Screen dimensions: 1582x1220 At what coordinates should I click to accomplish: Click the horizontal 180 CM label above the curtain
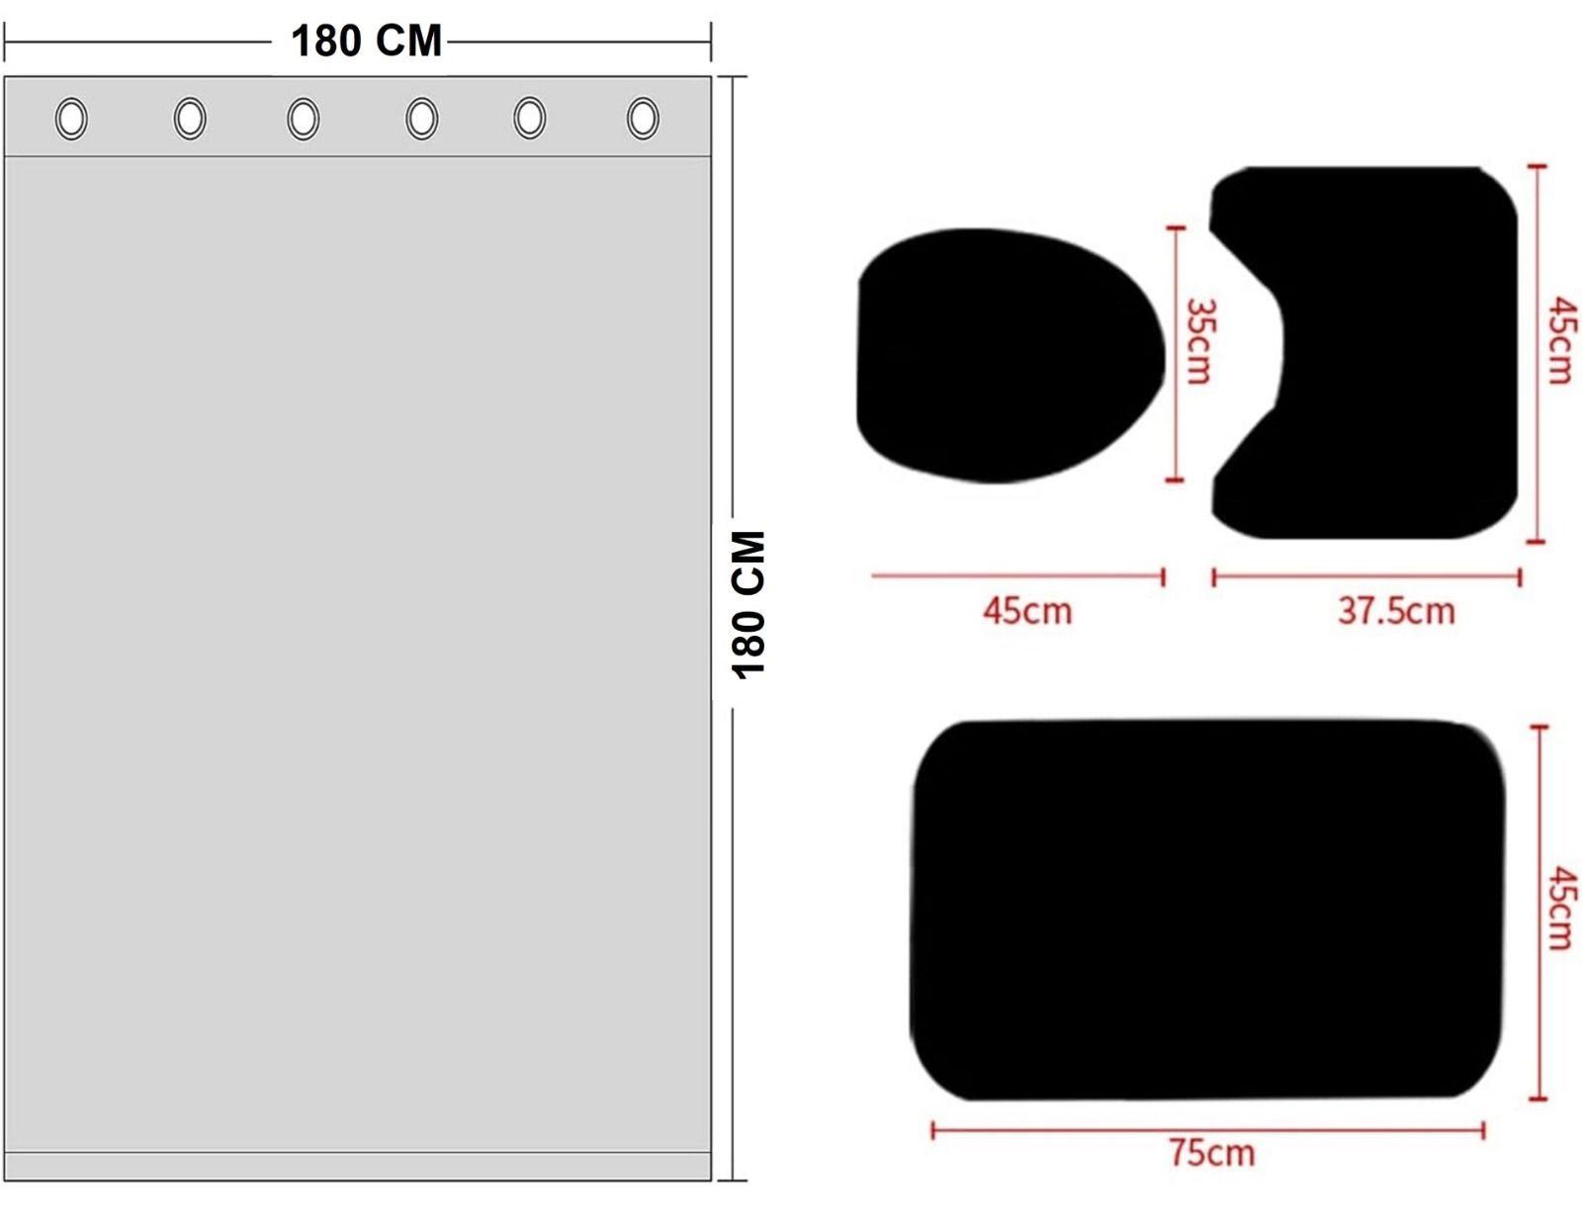click(366, 42)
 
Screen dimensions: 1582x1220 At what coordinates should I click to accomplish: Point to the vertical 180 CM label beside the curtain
click(749, 605)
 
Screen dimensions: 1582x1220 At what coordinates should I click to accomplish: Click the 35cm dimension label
click(1198, 341)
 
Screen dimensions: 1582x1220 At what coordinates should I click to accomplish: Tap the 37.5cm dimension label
click(1396, 611)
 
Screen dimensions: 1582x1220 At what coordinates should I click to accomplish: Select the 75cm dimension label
click(1212, 1153)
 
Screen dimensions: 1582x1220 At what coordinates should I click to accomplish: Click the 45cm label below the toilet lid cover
click(1027, 611)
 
